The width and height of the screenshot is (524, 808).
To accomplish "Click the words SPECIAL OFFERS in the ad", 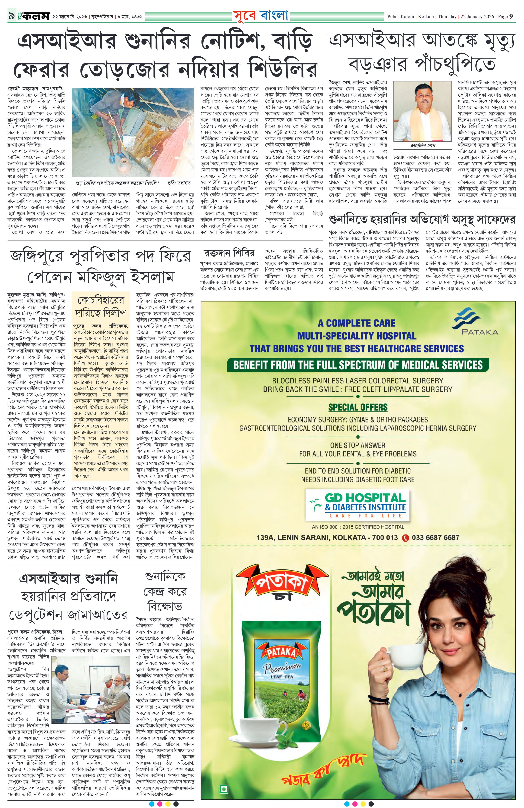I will (357, 407).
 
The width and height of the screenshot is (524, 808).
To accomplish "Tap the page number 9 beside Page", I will (511, 16).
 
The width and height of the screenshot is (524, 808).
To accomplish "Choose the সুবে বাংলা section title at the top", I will (261, 15).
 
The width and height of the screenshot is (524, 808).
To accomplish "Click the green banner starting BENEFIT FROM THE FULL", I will (357, 365).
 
